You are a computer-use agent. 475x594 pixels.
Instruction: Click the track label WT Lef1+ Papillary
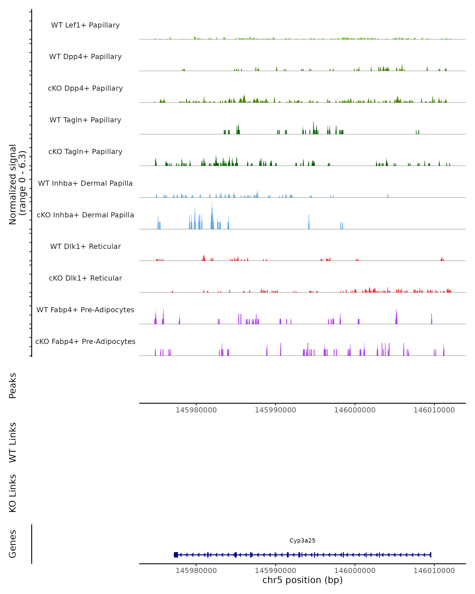coord(85,25)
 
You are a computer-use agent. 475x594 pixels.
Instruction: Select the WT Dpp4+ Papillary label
coord(85,57)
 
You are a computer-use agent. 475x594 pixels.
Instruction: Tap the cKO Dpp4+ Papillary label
coord(85,89)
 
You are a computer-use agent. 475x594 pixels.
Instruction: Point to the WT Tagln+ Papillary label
coord(85,120)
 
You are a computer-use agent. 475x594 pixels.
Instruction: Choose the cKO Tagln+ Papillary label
coord(85,152)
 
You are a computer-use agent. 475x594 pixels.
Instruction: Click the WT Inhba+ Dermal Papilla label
coord(85,184)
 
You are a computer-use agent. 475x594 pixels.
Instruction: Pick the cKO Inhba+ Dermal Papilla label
coord(85,215)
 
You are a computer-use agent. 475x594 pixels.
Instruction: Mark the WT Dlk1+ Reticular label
coord(85,247)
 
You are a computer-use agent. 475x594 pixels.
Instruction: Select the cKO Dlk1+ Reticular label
coord(85,278)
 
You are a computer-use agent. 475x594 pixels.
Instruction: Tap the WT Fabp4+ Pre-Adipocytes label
coord(85,310)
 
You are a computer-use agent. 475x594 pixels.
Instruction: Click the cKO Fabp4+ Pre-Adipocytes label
coord(85,342)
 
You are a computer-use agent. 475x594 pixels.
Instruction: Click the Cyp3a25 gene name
coord(302,541)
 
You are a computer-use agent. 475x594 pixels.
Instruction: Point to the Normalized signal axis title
coord(17,184)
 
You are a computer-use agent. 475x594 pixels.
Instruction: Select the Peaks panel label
coord(13,386)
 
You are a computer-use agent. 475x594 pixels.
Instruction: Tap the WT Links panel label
coord(13,442)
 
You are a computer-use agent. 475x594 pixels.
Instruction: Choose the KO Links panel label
coord(13,493)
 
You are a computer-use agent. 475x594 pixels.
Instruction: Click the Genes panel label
coord(13,544)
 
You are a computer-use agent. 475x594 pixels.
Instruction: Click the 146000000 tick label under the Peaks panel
coord(355,410)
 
